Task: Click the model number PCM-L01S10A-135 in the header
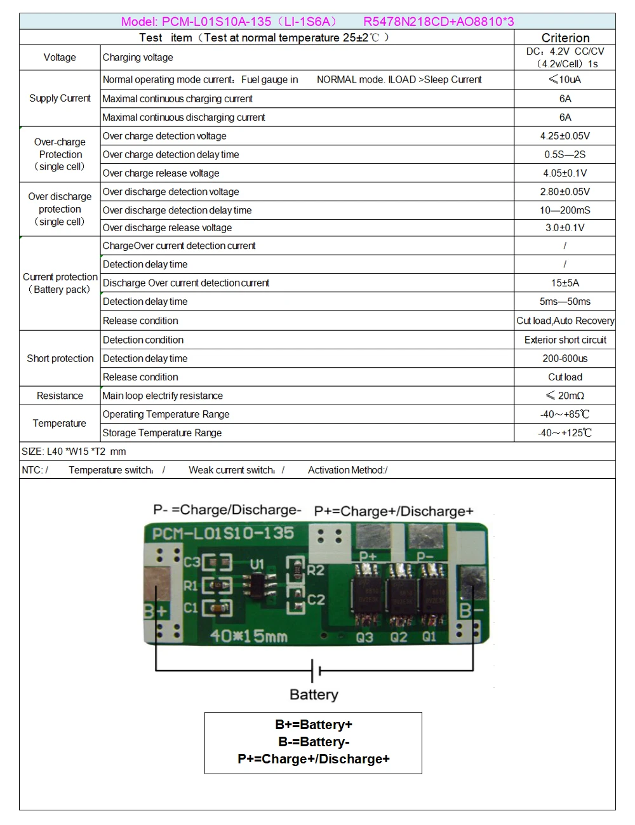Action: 217,22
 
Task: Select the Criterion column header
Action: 565,37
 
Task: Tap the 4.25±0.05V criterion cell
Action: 565,136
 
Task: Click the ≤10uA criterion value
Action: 565,79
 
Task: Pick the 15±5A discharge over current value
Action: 565,283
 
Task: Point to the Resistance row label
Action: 60,396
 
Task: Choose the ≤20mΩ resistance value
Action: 565,396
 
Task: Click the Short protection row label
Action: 60,358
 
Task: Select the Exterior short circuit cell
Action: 565,340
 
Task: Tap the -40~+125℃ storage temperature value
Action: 565,433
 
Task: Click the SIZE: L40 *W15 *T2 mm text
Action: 74,452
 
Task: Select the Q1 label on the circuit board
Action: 429,636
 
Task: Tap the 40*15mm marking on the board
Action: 249,636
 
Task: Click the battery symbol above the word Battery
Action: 316,671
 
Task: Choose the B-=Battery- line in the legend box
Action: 314,741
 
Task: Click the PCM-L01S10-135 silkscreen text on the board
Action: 223,533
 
